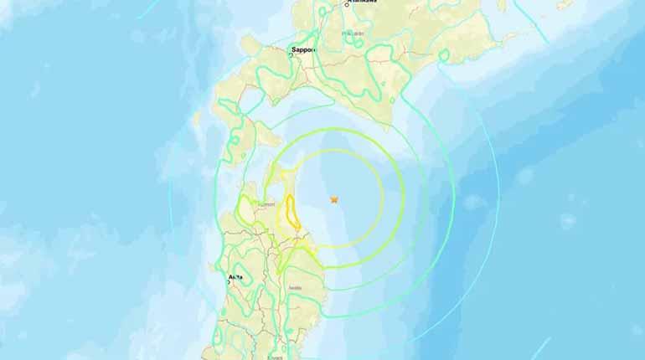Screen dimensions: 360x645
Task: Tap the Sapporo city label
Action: point(302,50)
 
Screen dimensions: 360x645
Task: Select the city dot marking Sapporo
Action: point(292,54)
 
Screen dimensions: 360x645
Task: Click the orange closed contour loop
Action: point(293,211)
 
